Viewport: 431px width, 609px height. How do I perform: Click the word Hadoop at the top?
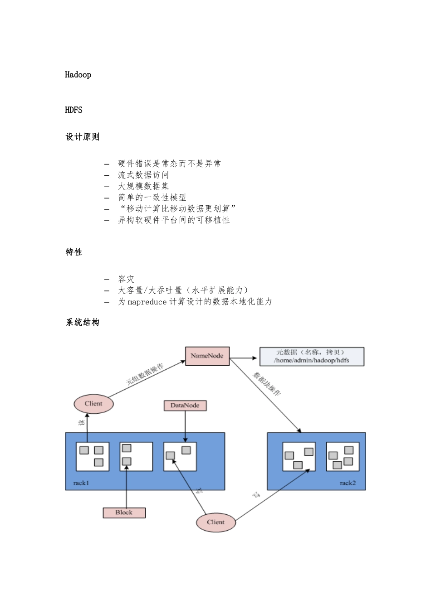(x=78, y=75)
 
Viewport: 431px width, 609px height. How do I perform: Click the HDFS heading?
(x=73, y=110)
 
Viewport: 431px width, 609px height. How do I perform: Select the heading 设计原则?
(x=82, y=137)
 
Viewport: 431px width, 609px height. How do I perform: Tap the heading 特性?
(x=74, y=252)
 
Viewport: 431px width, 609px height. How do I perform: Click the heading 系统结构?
(x=82, y=323)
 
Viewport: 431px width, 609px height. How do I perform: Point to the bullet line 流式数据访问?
(x=143, y=175)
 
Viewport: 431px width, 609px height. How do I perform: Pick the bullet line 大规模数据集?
(x=143, y=186)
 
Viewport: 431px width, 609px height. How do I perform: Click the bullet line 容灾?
(x=126, y=279)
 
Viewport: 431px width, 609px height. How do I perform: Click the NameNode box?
(x=207, y=356)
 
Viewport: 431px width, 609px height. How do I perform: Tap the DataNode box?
(x=185, y=406)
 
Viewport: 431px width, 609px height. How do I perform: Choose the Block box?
(x=124, y=512)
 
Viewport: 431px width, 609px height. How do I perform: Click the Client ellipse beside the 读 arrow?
(x=93, y=404)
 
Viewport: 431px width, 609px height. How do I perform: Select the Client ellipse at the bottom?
(x=216, y=522)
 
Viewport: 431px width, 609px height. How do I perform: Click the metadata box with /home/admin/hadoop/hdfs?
(x=311, y=357)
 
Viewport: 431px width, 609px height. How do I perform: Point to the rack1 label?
(x=81, y=483)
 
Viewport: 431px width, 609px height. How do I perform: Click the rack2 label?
(x=348, y=483)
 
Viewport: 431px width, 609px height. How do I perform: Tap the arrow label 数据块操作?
(x=266, y=384)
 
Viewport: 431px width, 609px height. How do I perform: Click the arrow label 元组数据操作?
(x=144, y=374)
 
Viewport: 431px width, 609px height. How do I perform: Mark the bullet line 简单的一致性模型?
(x=152, y=198)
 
